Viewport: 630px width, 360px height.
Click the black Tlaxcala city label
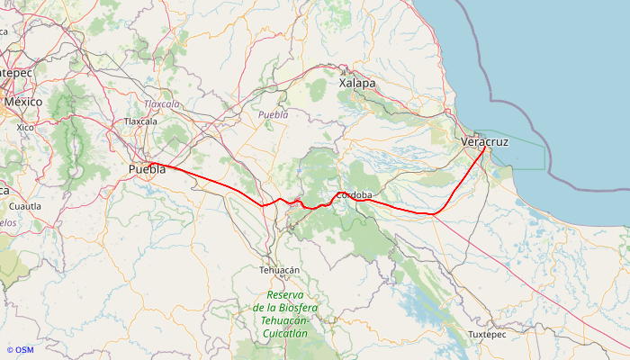140,121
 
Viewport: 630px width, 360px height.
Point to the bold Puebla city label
147,169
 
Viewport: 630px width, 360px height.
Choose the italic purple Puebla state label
273,115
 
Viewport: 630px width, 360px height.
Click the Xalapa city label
357,83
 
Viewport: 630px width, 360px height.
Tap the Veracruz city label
484,142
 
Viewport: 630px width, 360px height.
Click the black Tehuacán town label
279,270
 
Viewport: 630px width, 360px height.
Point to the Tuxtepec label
488,335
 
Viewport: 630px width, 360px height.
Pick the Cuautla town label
25,206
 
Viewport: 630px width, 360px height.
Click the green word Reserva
285,295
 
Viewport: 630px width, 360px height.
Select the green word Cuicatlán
284,333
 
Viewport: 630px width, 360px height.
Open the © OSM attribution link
20,350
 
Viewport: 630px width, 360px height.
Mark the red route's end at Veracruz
485,147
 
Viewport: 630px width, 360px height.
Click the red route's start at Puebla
151,163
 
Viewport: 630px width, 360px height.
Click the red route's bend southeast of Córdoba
433,213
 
